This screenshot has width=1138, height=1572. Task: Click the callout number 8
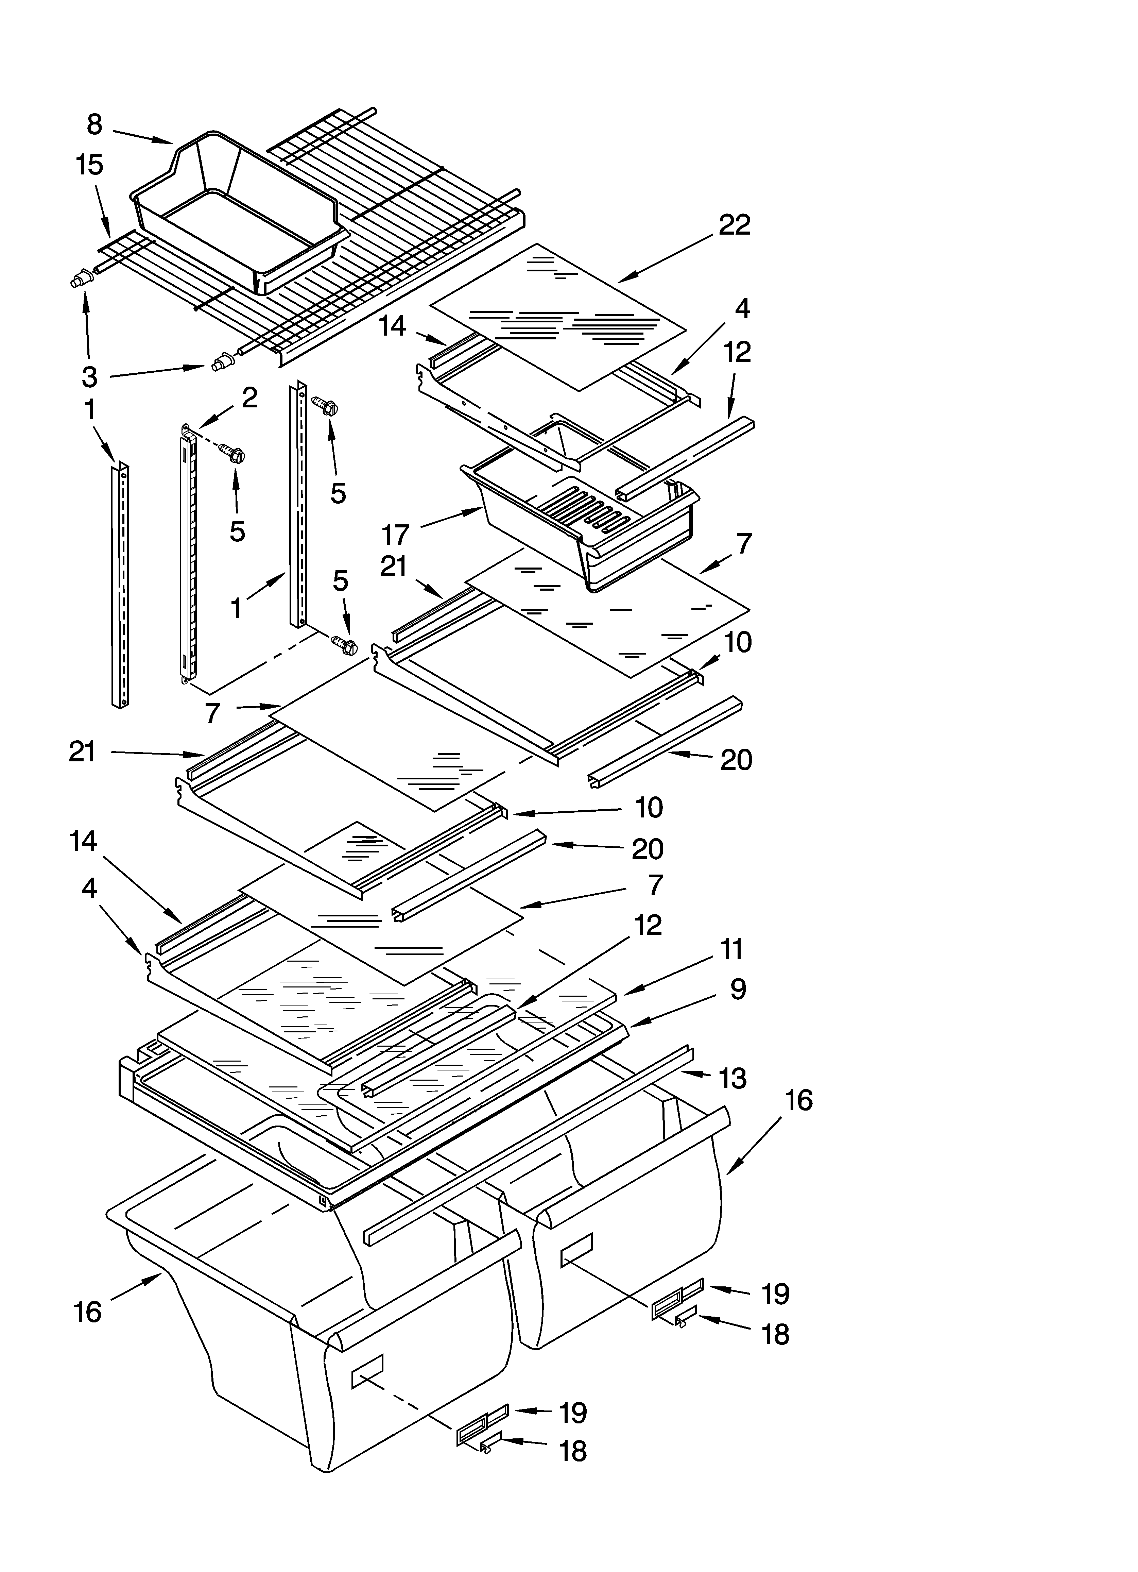[x=95, y=125]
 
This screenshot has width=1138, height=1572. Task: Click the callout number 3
[x=89, y=376]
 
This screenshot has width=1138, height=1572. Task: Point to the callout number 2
[x=249, y=397]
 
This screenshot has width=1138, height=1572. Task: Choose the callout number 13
[x=732, y=1078]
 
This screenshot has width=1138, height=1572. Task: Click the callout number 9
[x=738, y=989]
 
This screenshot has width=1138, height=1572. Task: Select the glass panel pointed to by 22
[x=558, y=315]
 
